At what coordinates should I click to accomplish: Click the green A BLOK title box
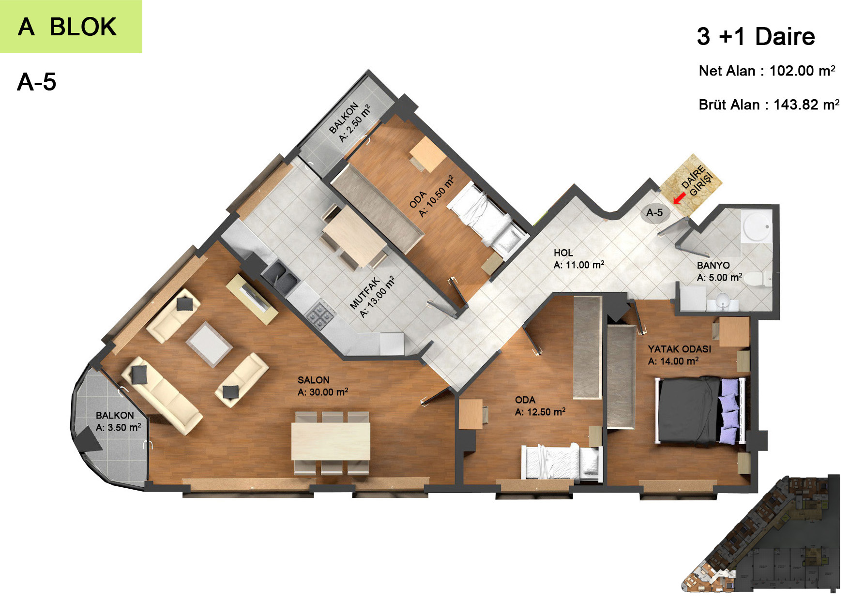(x=71, y=26)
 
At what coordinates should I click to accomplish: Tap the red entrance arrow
(x=679, y=198)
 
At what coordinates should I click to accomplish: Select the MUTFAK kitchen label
(x=372, y=297)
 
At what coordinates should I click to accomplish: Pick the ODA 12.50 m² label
(x=540, y=406)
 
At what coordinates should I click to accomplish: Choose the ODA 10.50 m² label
(x=432, y=196)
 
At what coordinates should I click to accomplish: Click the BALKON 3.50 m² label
(x=118, y=421)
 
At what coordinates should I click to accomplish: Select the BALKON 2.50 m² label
(x=349, y=122)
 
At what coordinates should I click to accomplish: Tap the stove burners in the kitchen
(x=320, y=315)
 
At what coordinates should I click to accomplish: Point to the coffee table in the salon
(x=209, y=344)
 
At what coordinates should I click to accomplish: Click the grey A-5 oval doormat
(x=654, y=212)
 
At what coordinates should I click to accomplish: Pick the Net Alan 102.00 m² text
(x=767, y=71)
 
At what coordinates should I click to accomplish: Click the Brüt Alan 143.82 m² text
(x=769, y=105)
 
